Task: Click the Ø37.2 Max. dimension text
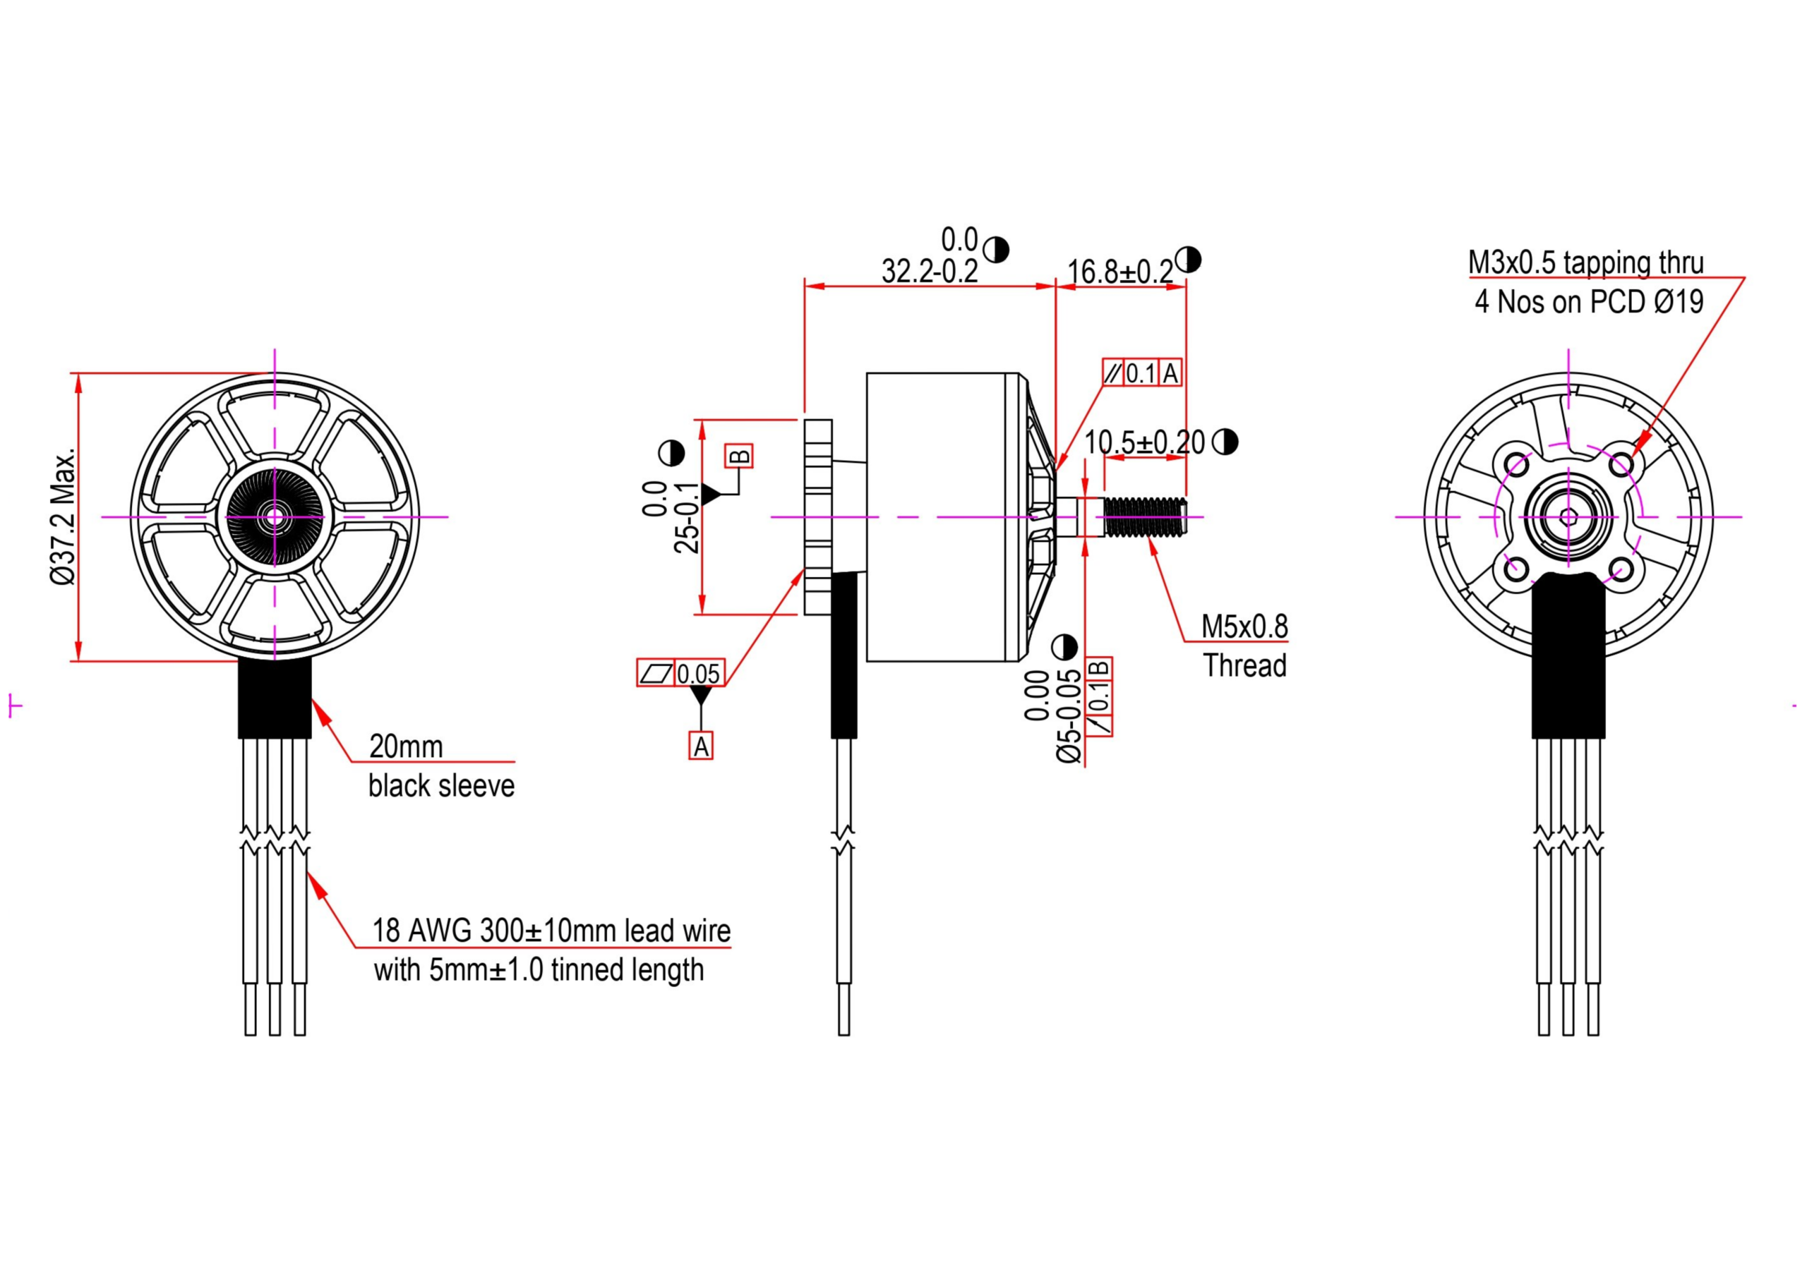click(63, 516)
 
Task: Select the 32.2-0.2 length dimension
click(930, 272)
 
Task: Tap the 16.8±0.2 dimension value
click(1120, 272)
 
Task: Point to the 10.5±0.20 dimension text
click(1144, 443)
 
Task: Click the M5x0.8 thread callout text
click(1244, 627)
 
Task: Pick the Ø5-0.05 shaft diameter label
click(1069, 716)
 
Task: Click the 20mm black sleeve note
click(442, 765)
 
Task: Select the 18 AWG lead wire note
click(551, 950)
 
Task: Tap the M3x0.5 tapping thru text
click(1586, 262)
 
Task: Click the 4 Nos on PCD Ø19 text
click(1589, 301)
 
